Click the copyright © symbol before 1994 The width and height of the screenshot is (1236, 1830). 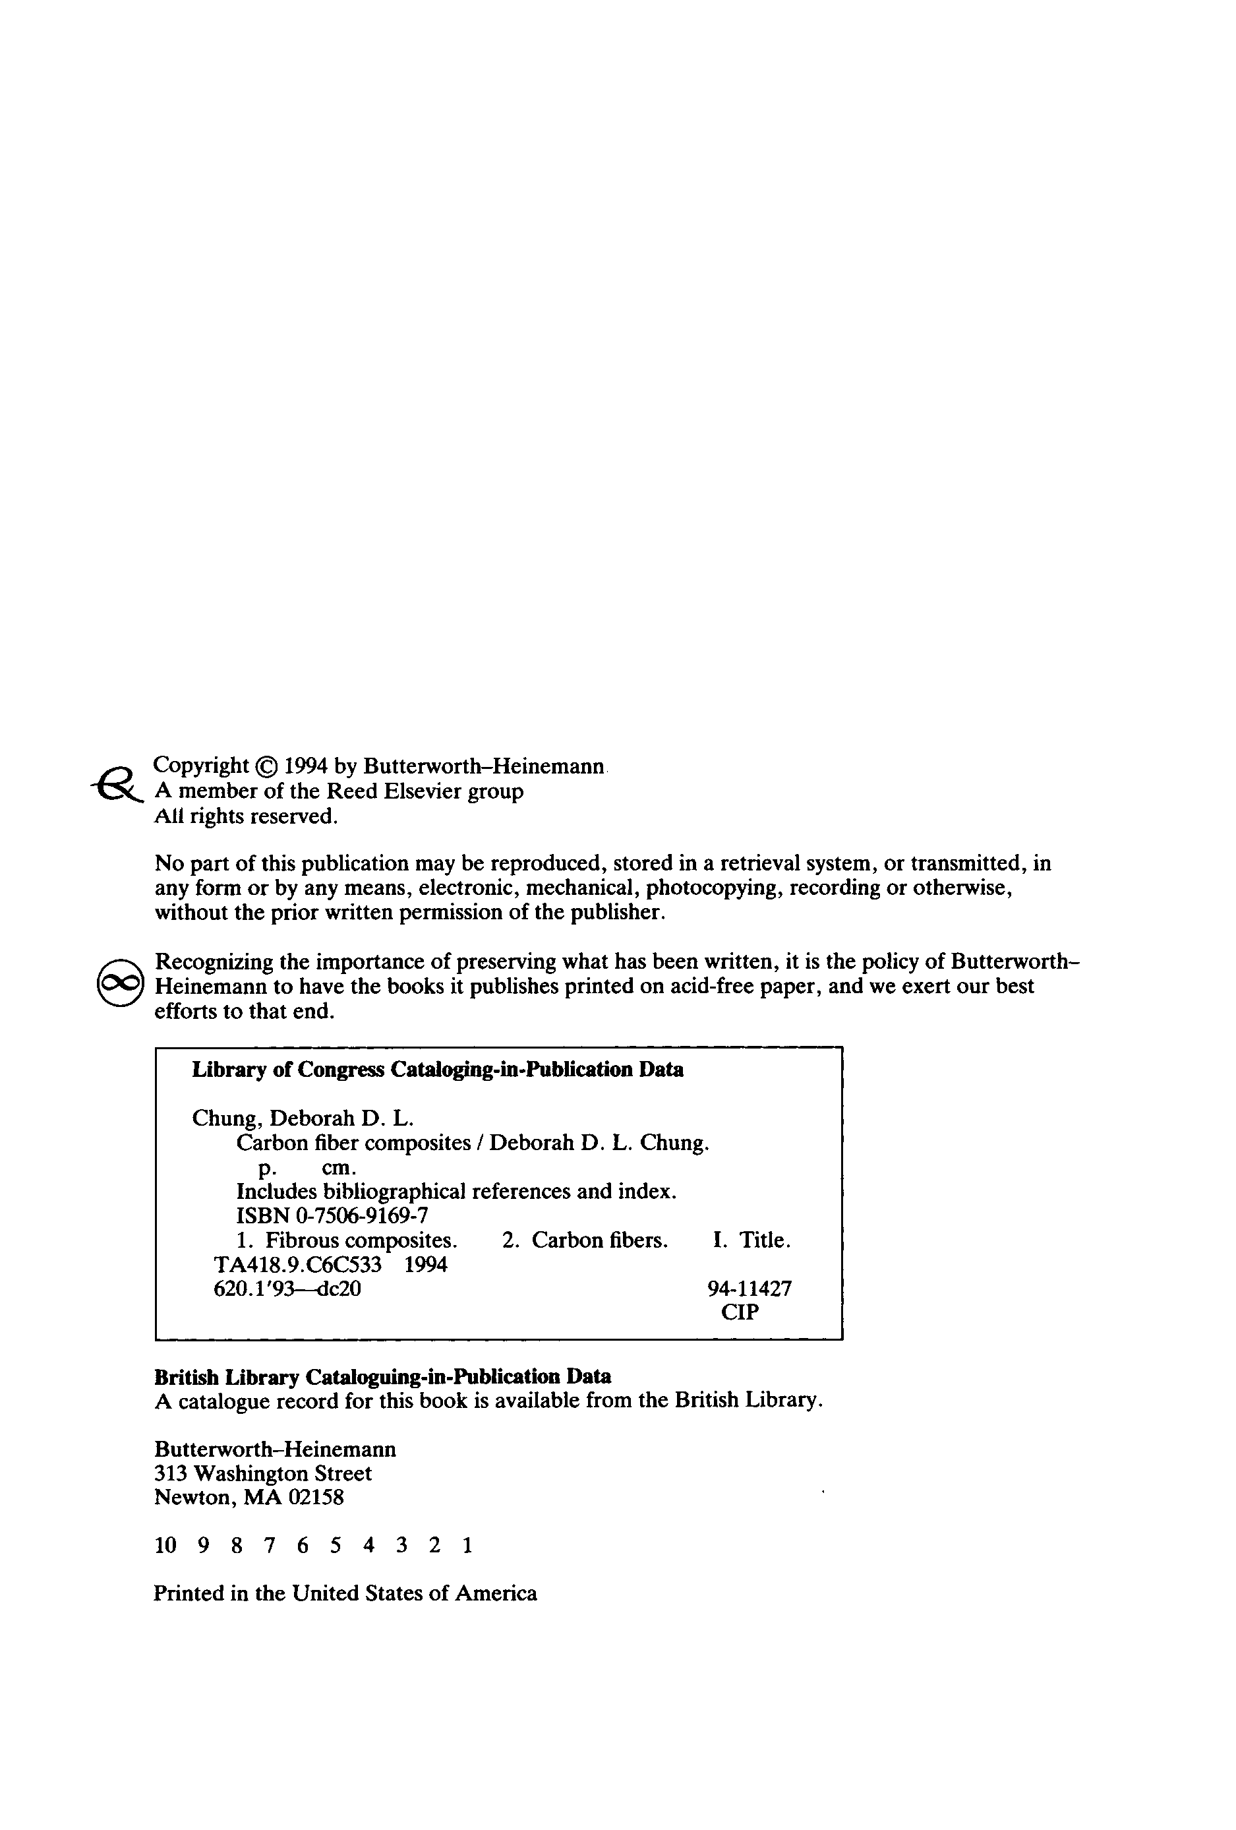(x=268, y=766)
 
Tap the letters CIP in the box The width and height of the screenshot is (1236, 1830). (x=739, y=1312)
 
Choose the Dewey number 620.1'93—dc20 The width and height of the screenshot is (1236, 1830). (x=287, y=1289)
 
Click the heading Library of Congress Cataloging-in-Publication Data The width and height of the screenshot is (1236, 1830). (x=438, y=1070)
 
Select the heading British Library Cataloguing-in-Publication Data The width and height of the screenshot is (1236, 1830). (x=382, y=1376)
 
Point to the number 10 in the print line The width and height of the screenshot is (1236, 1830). (x=165, y=1546)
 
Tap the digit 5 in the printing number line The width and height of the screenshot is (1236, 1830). (x=336, y=1546)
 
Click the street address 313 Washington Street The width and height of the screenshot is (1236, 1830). (x=263, y=1473)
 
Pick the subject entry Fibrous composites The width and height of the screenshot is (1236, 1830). (x=361, y=1240)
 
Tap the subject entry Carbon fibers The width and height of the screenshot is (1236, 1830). (x=599, y=1240)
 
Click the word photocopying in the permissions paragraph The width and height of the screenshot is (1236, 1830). (x=714, y=888)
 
